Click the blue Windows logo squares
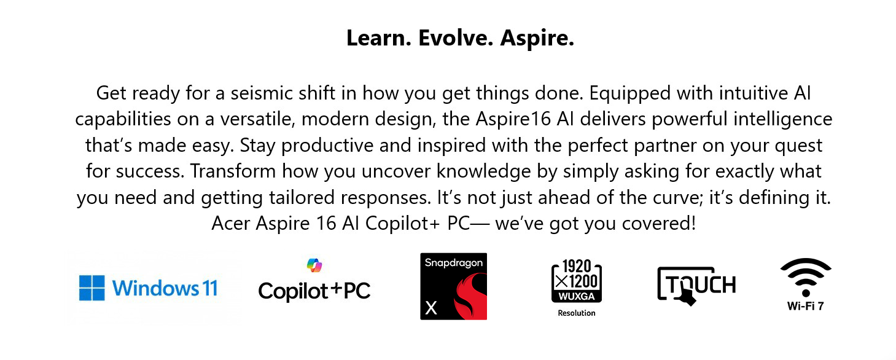click(92, 288)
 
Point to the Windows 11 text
click(165, 288)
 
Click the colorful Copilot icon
click(314, 265)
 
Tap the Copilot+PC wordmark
click(314, 291)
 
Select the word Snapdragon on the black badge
click(454, 263)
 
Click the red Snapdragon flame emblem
click(471, 296)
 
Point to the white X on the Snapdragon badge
click(430, 308)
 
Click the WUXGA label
click(577, 296)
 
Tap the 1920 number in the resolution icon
click(577, 267)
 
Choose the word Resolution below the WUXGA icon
click(577, 313)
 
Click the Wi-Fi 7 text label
click(806, 306)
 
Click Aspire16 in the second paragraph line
click(513, 119)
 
